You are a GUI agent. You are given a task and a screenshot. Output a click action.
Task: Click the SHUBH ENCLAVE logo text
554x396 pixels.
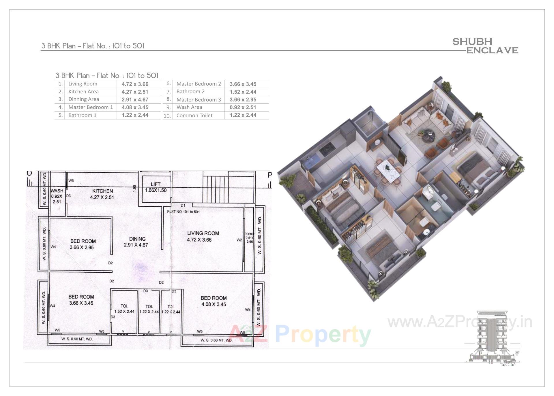point(485,46)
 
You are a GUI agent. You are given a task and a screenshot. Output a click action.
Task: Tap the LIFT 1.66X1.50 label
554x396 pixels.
point(156,187)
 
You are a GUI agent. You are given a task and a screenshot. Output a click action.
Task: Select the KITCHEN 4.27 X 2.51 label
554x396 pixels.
point(102,194)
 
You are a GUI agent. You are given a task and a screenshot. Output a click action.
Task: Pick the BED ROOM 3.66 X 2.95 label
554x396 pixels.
point(83,244)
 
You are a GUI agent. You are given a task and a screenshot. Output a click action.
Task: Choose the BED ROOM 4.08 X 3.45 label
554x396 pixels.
point(214,301)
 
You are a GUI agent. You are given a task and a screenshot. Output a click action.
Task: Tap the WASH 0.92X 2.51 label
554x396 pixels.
point(57,196)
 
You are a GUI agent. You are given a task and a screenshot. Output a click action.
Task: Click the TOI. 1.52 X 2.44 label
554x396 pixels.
point(124,309)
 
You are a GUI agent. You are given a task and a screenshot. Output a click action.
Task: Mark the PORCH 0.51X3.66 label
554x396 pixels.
point(249,238)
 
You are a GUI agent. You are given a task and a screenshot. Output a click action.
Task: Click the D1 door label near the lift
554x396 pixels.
point(183,205)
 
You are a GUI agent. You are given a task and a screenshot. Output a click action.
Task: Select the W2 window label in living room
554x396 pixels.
point(239,240)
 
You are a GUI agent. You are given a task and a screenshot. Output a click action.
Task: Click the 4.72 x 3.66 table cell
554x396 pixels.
point(135,84)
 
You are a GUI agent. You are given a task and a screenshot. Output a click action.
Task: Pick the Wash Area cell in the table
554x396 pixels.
point(189,107)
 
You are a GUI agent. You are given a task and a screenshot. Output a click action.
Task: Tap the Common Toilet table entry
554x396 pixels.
point(194,116)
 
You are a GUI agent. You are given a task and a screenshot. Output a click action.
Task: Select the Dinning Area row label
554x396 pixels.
point(83,99)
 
